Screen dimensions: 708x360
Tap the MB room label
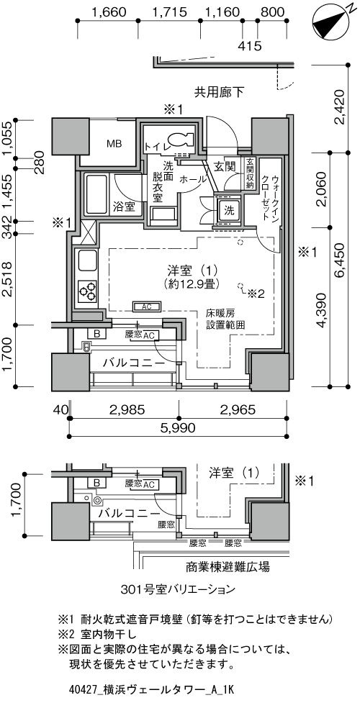click(114, 143)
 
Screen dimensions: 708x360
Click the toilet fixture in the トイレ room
click(176, 140)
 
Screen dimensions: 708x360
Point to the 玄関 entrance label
click(224, 167)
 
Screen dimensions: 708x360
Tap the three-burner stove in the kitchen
click(88, 291)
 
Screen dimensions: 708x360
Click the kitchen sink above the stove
click(86, 261)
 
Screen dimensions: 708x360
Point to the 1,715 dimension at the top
click(171, 12)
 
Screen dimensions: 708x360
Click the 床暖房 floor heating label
click(220, 314)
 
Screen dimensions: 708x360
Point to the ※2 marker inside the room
click(256, 293)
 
